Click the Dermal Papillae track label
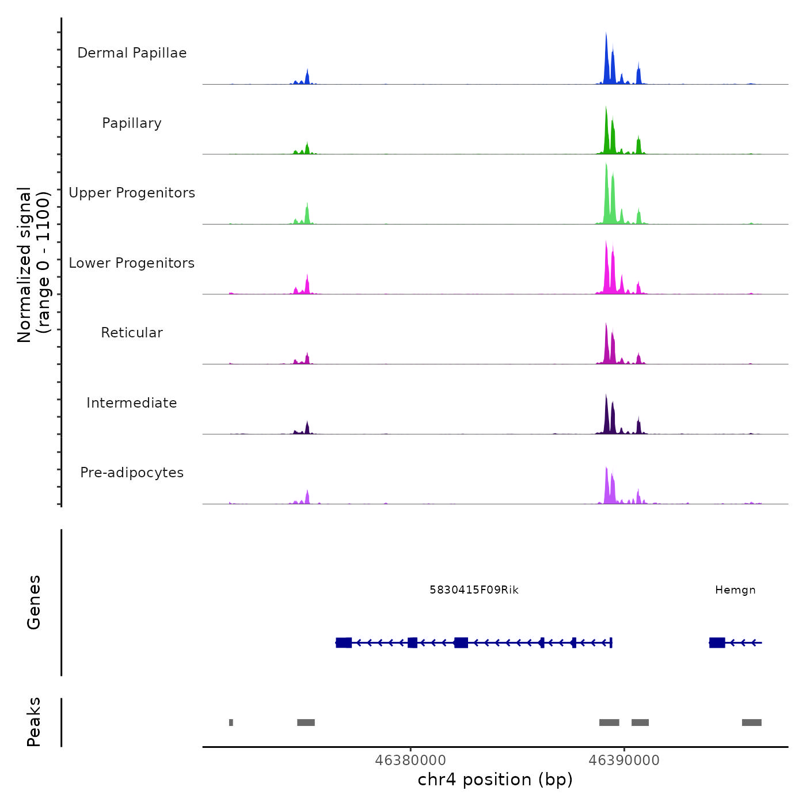coord(132,53)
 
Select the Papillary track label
coord(132,123)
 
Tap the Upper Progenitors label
coord(132,193)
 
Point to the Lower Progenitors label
coord(132,263)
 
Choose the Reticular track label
coord(132,333)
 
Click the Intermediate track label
coord(132,403)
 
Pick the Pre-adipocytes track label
coord(132,473)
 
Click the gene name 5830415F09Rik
coord(474,590)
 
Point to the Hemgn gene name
coord(735,590)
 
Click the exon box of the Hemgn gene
coord(717,642)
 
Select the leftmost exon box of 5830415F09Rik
coord(344,642)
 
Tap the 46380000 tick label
coord(410,761)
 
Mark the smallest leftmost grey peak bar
coord(231,723)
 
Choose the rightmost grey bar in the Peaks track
coord(751,723)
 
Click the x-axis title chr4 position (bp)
coord(495,780)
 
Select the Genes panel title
coord(34,602)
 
